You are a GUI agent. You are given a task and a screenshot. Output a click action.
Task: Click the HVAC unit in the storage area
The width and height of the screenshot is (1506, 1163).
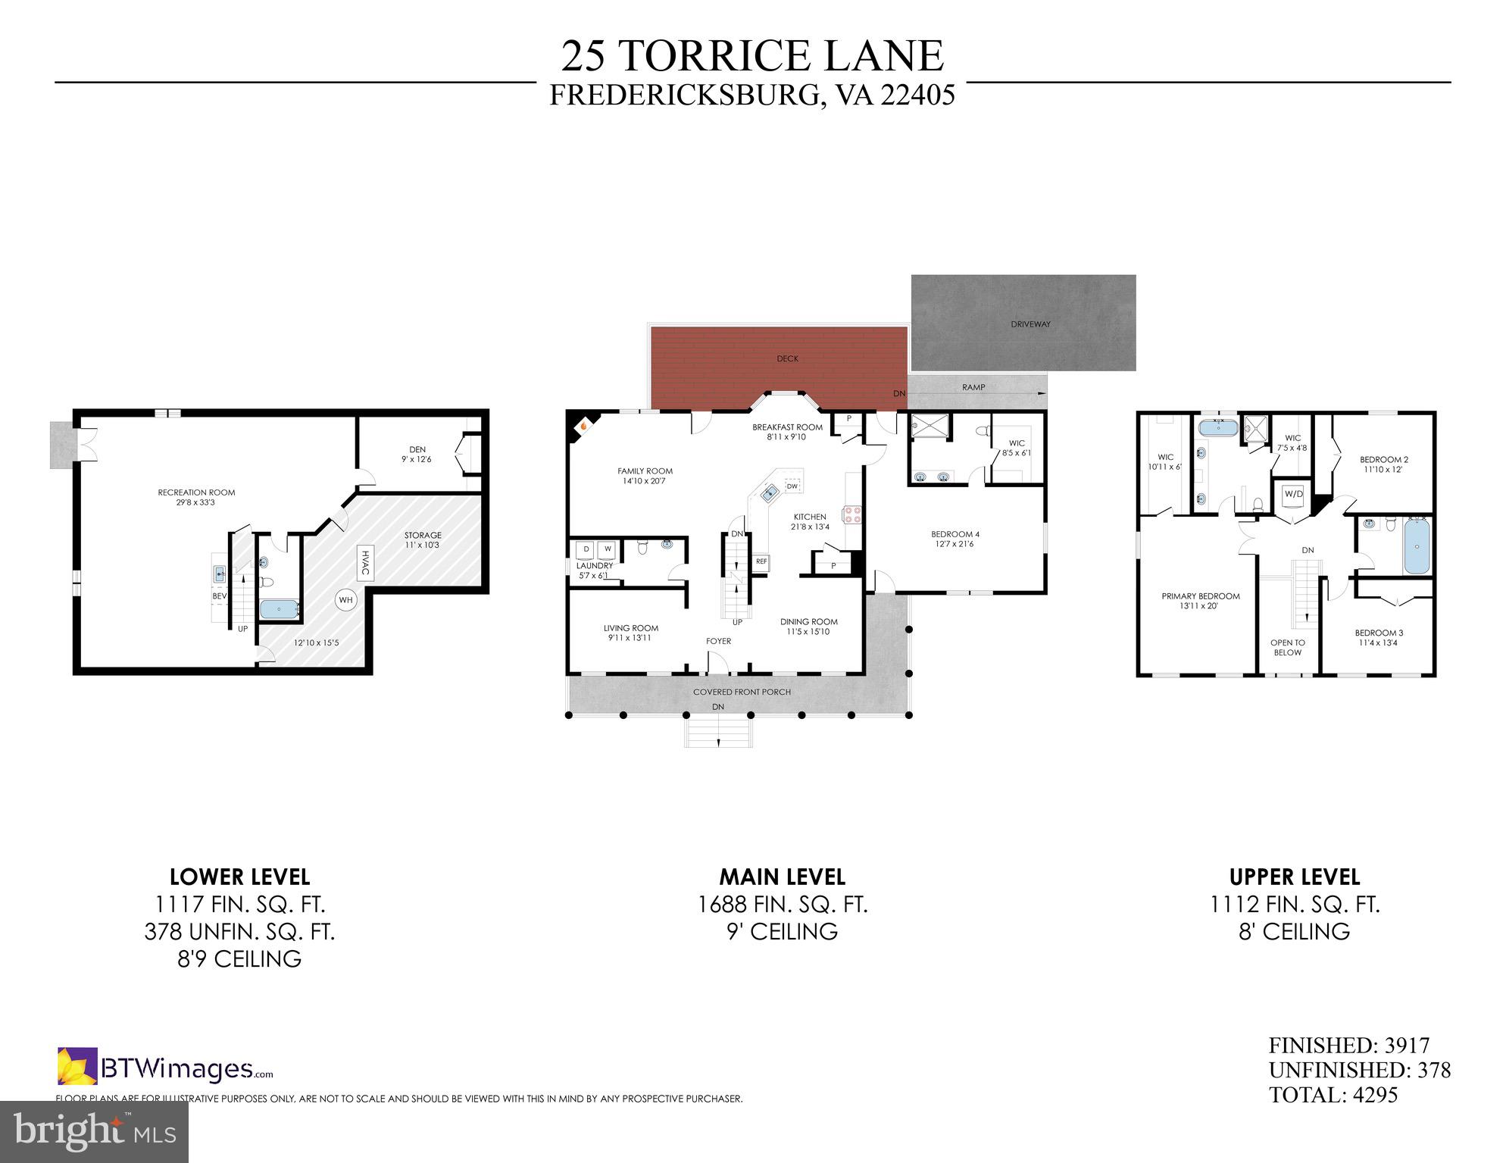point(365,562)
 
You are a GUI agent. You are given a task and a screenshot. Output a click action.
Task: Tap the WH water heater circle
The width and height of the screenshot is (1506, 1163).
point(346,600)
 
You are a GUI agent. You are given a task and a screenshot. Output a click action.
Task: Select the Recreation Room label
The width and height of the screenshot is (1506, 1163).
point(196,497)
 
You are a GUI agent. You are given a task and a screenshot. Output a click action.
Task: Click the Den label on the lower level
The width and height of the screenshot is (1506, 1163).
point(417,454)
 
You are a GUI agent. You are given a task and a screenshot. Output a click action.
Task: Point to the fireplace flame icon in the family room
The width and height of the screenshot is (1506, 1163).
point(584,427)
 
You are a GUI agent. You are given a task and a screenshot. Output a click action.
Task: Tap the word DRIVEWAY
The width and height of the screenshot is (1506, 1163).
point(1030,324)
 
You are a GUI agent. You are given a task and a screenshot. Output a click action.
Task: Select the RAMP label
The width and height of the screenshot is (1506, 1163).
point(973,387)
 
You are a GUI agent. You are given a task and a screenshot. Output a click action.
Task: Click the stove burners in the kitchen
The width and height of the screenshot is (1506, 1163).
point(852,514)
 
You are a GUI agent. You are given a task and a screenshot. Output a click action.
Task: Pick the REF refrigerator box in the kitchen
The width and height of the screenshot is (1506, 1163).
point(761,561)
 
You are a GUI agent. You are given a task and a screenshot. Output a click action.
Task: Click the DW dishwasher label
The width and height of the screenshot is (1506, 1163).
point(792,486)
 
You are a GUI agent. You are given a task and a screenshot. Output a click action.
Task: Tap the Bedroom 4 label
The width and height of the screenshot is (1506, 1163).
point(955,539)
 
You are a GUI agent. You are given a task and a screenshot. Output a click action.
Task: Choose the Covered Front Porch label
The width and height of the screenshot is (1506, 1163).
point(742,692)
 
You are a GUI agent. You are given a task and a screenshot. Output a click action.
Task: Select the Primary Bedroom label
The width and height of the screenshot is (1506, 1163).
point(1201,601)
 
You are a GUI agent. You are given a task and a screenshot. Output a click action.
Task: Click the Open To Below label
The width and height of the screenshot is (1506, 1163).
point(1287,647)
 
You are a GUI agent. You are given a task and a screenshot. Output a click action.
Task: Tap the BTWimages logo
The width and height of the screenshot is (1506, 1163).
point(165,1068)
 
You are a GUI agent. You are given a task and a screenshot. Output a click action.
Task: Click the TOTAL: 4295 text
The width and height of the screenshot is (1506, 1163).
point(1333,1095)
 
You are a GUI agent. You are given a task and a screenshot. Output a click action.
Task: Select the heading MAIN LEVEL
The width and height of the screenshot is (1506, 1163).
point(782,877)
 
